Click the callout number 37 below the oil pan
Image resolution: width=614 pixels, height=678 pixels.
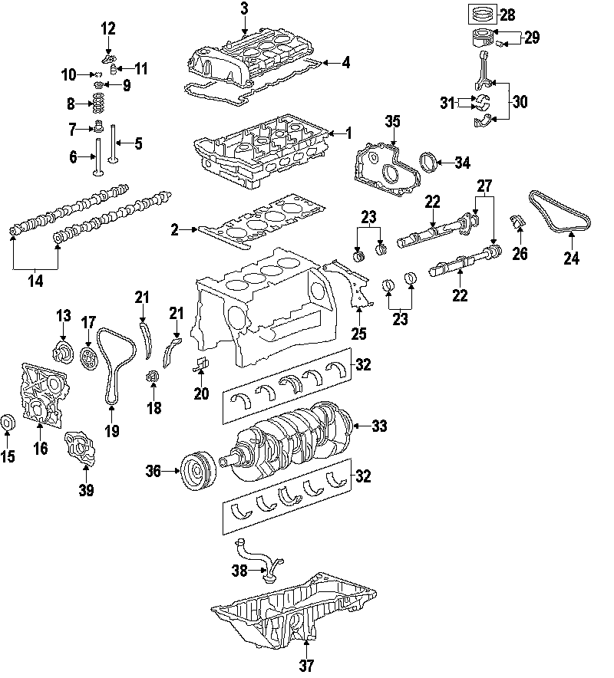(x=307, y=665)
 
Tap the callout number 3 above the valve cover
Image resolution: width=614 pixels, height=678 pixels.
(x=244, y=9)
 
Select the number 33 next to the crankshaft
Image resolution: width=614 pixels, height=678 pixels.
(x=379, y=426)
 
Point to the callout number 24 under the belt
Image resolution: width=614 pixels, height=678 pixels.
(x=571, y=258)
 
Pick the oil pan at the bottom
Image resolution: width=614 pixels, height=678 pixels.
(x=295, y=610)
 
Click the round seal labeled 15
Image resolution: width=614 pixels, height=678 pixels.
(x=8, y=422)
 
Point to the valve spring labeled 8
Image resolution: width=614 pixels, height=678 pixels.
(x=99, y=103)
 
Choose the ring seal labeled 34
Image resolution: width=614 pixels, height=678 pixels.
(x=431, y=163)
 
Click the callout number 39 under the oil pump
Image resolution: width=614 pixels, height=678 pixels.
(x=86, y=490)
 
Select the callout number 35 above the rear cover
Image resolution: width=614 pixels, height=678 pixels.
(x=393, y=122)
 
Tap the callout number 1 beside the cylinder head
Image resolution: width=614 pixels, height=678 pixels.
(x=348, y=133)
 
